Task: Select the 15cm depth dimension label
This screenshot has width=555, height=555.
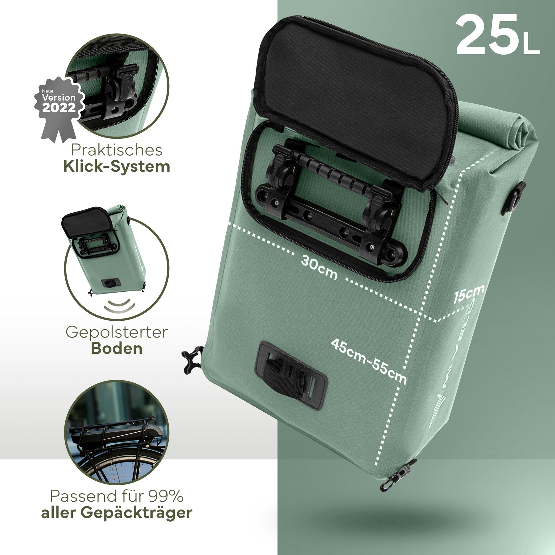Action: pos(469,294)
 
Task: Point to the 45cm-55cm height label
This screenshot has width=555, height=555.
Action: pos(368,361)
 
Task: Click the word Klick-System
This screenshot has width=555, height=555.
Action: pos(117,167)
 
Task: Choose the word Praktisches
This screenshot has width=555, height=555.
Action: pos(117,150)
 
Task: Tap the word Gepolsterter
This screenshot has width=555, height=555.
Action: pos(117,332)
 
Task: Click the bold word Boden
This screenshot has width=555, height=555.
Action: pos(117,348)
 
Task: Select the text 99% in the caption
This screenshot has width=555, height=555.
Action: pos(166,496)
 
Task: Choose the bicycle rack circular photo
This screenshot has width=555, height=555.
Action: pos(117,432)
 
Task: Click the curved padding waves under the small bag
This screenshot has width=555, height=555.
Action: pos(120,307)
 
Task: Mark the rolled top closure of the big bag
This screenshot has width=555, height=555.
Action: pos(481,136)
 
